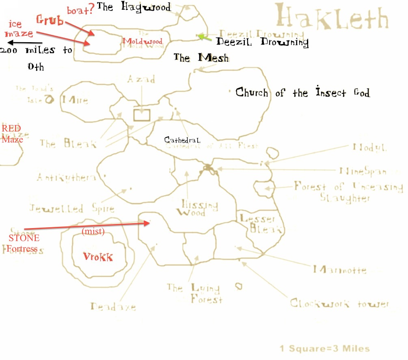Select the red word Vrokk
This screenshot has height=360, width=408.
pos(98,257)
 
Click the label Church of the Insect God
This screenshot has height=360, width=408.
pos(302,93)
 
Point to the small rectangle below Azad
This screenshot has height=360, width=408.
pos(142,114)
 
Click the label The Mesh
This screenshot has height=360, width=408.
pos(201,58)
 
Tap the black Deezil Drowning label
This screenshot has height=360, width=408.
pos(262,42)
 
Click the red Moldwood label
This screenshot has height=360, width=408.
pos(142,41)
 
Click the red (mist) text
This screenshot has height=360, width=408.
pos(93,232)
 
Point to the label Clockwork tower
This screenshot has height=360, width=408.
pos(339,304)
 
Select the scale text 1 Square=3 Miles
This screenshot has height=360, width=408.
pos(325,349)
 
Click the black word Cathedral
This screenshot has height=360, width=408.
pos(182,140)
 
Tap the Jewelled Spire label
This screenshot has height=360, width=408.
pos(71,209)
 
